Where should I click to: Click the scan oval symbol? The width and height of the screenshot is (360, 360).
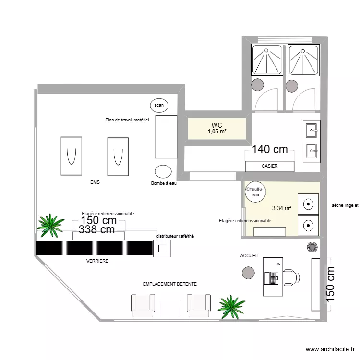pyautogui.click(x=159, y=105)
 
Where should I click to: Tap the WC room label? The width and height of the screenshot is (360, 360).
pyautogui.click(x=217, y=126)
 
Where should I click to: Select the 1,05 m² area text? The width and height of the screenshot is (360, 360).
pyautogui.click(x=217, y=132)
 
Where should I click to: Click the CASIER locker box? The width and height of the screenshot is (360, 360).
pyautogui.click(x=269, y=166)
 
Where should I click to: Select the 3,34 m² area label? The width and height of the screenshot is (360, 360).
pyautogui.click(x=282, y=208)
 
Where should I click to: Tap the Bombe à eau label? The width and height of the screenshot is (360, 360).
pyautogui.click(x=164, y=183)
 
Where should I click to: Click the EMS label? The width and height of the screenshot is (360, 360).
pyautogui.click(x=95, y=182)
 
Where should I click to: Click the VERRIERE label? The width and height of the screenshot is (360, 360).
pyautogui.click(x=97, y=261)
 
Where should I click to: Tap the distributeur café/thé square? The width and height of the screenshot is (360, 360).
pyautogui.click(x=162, y=248)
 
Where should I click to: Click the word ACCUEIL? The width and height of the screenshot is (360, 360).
pyautogui.click(x=250, y=256)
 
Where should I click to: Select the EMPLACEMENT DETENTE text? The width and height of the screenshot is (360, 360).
pyautogui.click(x=170, y=284)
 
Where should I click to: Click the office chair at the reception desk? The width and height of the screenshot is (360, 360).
pyautogui.click(x=291, y=278)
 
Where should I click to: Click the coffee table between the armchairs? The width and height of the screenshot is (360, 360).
pyautogui.click(x=170, y=307)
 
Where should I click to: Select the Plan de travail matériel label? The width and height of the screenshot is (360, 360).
pyautogui.click(x=127, y=120)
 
